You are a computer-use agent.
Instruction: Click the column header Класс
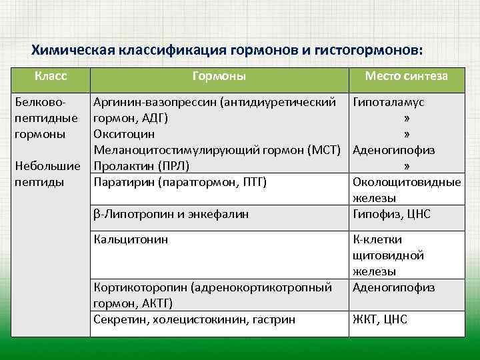(x=51, y=77)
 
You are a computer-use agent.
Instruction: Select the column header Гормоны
(x=219, y=77)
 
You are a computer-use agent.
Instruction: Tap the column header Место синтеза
(x=406, y=77)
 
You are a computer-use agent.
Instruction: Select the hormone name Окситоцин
(x=123, y=134)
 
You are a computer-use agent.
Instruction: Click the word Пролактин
(x=121, y=166)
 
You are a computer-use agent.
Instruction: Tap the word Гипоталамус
(x=388, y=103)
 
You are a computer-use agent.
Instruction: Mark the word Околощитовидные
(x=406, y=182)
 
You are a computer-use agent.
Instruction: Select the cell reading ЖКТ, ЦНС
(x=379, y=319)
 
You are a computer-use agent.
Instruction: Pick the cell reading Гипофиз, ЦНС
(x=391, y=214)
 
